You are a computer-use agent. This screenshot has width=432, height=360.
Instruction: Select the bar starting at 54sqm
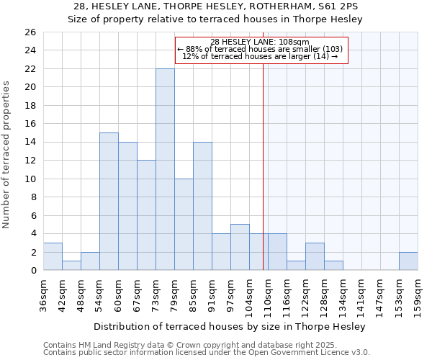[x=109, y=202]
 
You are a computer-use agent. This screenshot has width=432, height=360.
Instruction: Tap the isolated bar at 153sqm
[x=408, y=261]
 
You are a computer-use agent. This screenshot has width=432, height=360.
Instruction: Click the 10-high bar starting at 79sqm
[x=184, y=225]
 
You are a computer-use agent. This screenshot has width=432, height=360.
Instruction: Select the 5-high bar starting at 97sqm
[x=240, y=248]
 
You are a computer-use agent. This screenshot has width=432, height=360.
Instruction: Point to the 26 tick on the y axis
[x=31, y=32]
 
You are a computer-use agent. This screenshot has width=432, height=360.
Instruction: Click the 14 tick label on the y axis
[x=31, y=143]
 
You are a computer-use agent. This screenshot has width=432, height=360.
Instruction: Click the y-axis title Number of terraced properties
[x=8, y=155]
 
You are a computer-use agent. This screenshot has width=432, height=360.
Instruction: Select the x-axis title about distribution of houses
[x=230, y=326]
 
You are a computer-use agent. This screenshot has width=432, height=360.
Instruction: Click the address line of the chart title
[x=215, y=6]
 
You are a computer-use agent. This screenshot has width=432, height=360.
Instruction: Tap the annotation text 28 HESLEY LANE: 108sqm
[x=260, y=42]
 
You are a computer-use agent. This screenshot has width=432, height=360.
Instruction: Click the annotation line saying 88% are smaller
[x=260, y=49]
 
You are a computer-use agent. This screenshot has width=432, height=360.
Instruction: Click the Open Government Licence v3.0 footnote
[x=207, y=353]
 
